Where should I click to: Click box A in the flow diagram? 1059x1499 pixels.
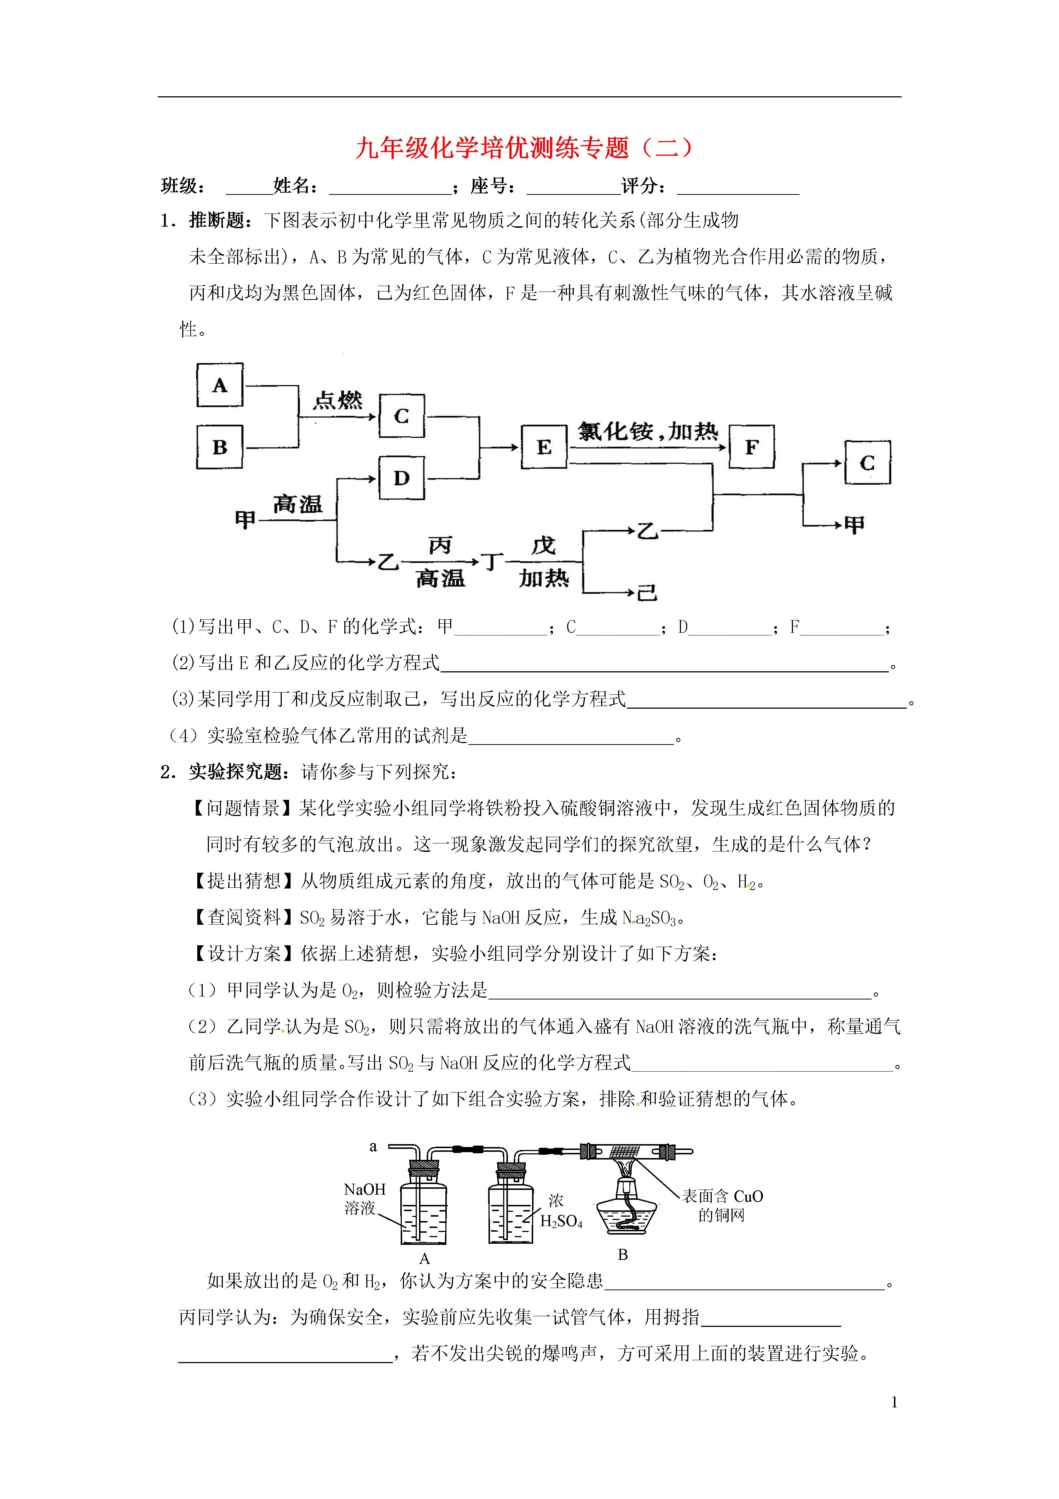(x=220, y=385)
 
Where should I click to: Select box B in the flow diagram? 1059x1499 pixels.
(x=220, y=447)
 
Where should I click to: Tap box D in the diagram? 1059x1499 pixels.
(x=402, y=478)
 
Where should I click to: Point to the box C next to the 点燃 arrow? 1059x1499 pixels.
(x=402, y=416)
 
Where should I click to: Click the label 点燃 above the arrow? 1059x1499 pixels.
(x=337, y=400)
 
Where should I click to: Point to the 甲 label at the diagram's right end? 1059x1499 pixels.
(x=854, y=524)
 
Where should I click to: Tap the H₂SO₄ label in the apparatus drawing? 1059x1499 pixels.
(x=561, y=1221)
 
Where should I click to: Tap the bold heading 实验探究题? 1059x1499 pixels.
(x=236, y=772)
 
